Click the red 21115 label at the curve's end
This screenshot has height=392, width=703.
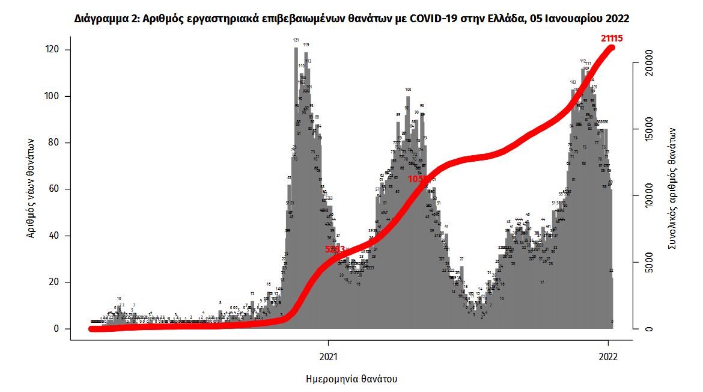tap(611, 38)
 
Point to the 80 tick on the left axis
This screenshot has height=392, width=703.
tap(55, 143)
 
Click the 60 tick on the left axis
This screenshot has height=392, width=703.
tap(55, 189)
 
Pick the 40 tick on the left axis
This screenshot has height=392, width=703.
tap(55, 236)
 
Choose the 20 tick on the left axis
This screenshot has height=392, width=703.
tap(55, 283)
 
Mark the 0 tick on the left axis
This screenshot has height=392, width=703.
tap(57, 329)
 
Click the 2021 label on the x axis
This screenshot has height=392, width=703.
tap(328, 357)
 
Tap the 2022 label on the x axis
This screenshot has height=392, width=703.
tap(609, 357)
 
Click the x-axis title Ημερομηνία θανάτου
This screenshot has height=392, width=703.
tap(351, 379)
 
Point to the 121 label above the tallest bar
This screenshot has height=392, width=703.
tap(296, 40)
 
